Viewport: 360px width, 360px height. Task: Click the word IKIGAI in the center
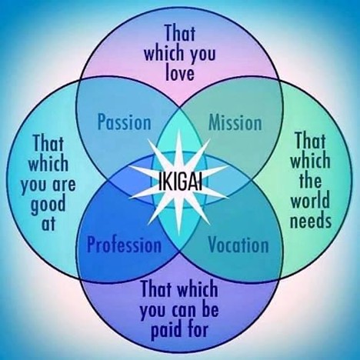(180, 182)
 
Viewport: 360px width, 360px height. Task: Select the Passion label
(125, 122)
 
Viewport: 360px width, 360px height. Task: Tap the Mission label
(235, 122)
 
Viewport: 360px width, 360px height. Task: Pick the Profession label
(125, 245)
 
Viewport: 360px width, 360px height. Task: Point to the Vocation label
(238, 245)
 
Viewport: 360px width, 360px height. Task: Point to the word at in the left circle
(48, 223)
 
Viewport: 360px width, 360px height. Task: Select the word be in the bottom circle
(210, 308)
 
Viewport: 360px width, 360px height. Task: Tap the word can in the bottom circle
(183, 311)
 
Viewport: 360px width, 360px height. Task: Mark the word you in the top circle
(202, 55)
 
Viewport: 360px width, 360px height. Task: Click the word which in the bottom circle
(198, 288)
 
